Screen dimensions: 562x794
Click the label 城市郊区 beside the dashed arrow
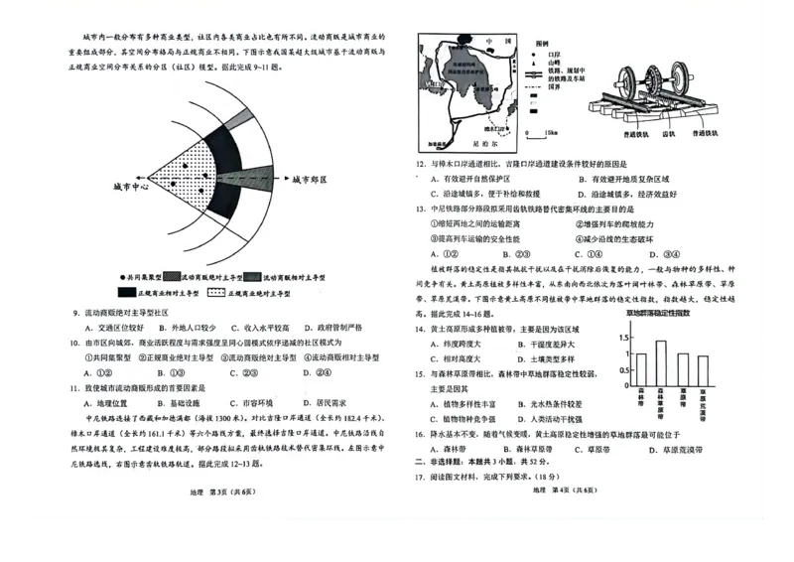[x=310, y=181]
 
